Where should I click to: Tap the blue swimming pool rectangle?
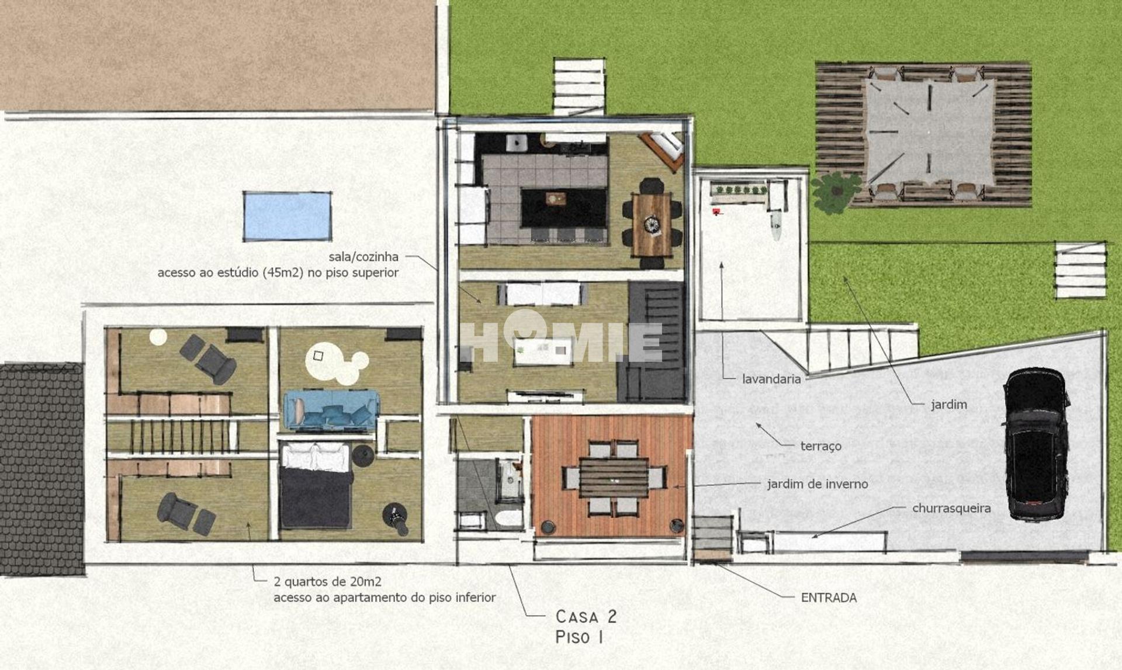[288, 216]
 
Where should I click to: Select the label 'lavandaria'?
[771, 379]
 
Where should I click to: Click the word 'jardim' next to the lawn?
[949, 405]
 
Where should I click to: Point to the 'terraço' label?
[821, 446]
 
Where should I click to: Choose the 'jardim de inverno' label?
[818, 484]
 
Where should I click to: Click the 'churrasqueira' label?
[951, 508]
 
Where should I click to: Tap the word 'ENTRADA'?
[829, 598]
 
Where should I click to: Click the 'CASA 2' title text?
[586, 616]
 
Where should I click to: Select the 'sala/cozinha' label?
[363, 257]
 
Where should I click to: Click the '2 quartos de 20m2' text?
[327, 582]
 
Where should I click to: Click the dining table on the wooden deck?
[614, 478]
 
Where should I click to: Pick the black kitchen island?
[564, 208]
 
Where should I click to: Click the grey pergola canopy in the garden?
[929, 132]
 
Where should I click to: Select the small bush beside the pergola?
[836, 192]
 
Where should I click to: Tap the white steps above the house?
[579, 87]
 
